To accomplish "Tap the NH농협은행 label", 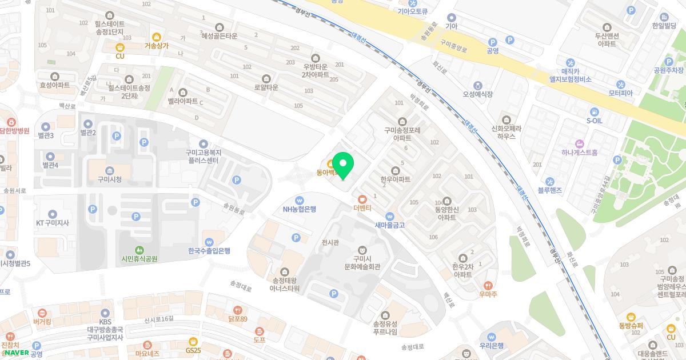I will coord(299,209).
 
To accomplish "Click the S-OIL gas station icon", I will coord(595,111).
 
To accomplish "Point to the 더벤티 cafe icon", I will coord(362,199).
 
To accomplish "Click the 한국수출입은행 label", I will coord(209,251).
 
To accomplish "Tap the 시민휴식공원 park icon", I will coord(139,250).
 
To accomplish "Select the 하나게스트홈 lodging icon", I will coord(580,143).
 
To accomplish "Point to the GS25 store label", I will coord(193,350).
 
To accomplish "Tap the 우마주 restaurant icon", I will coord(488,285).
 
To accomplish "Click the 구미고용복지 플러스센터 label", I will coord(204,157).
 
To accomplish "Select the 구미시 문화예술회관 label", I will coord(362,263).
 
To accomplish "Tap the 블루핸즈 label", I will coord(549,190).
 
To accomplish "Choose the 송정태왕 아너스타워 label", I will coord(285,284).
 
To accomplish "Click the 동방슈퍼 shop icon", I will coord(631,317).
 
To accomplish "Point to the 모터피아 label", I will coord(620,93).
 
